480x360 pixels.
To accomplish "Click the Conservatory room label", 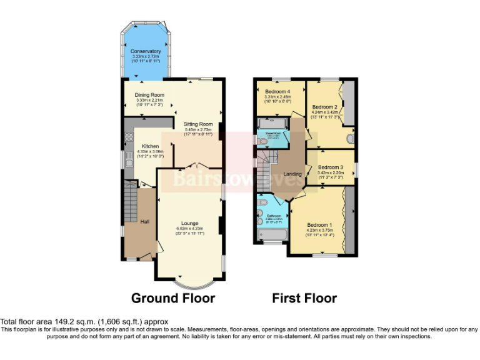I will tap(145, 51).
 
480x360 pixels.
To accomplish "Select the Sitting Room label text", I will tap(197, 124).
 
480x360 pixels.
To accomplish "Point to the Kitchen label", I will tap(141, 146).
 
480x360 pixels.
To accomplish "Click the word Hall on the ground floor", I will tap(144, 222).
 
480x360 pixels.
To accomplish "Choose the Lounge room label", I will tap(189, 223).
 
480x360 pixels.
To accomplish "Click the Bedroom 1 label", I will tap(319, 224).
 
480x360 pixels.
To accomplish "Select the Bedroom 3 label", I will tap(330, 167).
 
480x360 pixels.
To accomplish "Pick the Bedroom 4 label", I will tap(277, 91).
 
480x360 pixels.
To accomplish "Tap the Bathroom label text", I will tap(274, 216).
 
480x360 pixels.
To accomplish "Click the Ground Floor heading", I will tap(172, 298).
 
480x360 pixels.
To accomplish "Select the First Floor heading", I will tap(304, 298).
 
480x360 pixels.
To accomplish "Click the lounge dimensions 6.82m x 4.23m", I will tap(189, 229).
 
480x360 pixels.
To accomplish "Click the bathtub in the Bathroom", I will tap(271, 235).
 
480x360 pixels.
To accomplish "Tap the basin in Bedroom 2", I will tap(351, 138).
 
